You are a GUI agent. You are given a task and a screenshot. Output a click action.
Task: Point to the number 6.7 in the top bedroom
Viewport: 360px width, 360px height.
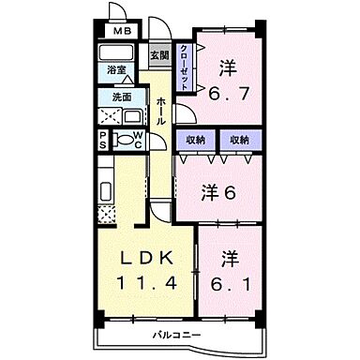tap(229, 92)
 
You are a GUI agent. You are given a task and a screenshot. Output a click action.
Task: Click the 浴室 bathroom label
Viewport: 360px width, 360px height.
tap(117, 70)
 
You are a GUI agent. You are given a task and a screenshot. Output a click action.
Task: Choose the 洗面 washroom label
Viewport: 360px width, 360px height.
tap(122, 97)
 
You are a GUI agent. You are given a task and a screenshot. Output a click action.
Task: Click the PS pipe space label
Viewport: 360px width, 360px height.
tap(104, 142)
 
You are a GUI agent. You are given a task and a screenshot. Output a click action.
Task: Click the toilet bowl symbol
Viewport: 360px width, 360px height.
tap(123, 142)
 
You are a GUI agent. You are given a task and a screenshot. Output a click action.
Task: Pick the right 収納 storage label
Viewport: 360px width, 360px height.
tap(238, 139)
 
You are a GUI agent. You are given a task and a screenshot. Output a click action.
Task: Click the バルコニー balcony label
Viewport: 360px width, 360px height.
tap(178, 335)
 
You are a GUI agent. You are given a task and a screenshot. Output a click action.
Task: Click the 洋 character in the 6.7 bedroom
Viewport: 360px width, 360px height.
tap(228, 67)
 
